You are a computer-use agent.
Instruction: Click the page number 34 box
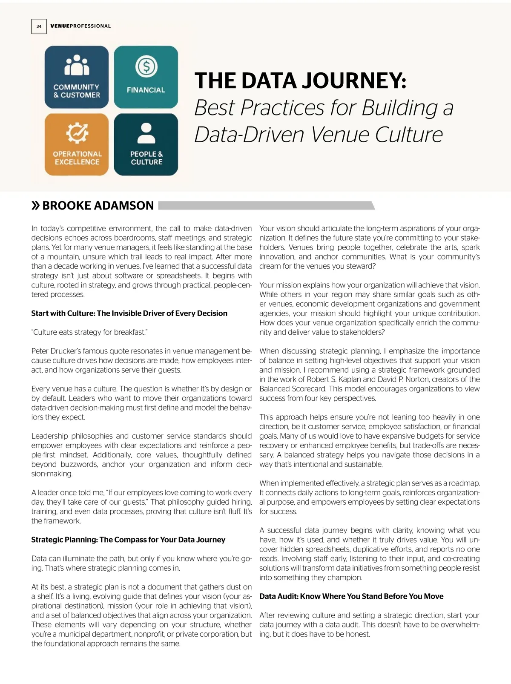tap(39, 26)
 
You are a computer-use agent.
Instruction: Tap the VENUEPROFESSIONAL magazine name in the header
tap(80, 26)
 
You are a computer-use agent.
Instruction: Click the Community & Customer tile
tap(77, 77)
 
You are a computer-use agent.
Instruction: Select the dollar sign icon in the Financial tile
tap(146, 66)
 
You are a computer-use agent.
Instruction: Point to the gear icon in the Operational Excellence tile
tap(77, 133)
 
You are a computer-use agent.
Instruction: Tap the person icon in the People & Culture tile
tap(146, 133)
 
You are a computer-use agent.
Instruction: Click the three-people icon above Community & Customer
tap(77, 65)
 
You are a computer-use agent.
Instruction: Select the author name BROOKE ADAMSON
tap(98, 206)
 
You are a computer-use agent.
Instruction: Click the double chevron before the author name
tap(36, 206)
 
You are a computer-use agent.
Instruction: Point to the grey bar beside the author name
tap(266, 206)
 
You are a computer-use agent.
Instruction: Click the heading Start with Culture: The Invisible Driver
tap(129, 313)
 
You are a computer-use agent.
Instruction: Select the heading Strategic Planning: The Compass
tap(128, 540)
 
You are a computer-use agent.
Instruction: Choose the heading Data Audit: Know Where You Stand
tap(351, 597)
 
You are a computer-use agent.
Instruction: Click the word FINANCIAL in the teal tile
tap(146, 90)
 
